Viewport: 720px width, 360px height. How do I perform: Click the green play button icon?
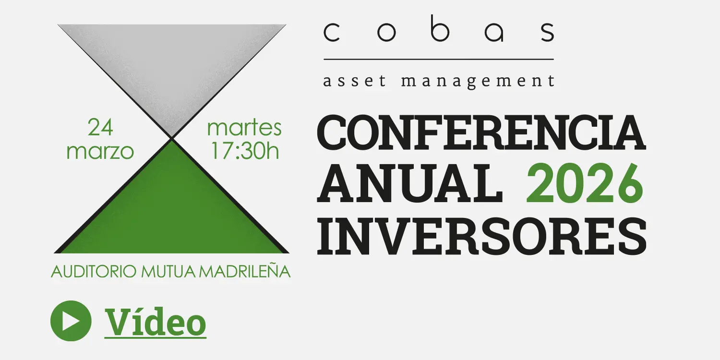click(x=71, y=321)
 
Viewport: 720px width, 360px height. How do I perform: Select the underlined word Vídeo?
click(x=156, y=322)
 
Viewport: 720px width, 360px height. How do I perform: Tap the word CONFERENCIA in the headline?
click(x=480, y=133)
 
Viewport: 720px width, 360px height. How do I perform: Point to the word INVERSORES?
click(x=481, y=237)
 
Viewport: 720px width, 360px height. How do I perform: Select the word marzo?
click(x=100, y=151)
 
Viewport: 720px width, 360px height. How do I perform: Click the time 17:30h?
click(x=245, y=151)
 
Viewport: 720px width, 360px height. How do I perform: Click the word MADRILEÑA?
click(x=245, y=272)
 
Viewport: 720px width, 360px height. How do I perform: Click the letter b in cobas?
click(x=438, y=32)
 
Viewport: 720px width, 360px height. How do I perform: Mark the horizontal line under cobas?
click(x=439, y=59)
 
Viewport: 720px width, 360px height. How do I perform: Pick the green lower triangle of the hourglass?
click(x=172, y=206)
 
